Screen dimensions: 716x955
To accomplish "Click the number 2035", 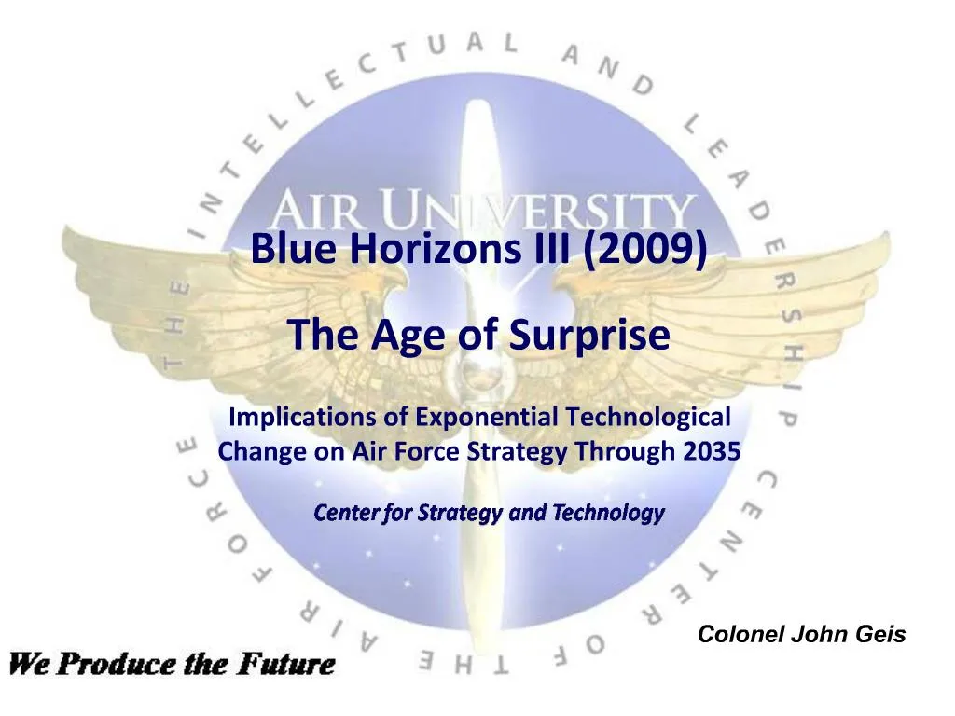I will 711,452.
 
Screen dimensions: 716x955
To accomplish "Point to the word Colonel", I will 741,635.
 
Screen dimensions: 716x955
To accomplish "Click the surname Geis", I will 877,635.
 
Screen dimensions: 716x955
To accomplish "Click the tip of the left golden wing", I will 70,238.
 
